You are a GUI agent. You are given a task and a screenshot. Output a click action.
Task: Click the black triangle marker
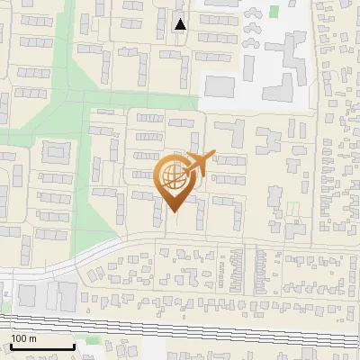pyautogui.click(x=181, y=24)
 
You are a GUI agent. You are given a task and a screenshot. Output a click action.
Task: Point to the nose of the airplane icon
pyautogui.click(x=214, y=155)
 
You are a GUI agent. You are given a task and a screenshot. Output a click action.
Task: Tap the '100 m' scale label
pyautogui.click(x=24, y=338)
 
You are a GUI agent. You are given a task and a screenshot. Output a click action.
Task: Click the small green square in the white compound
pyautogui.click(x=274, y=12)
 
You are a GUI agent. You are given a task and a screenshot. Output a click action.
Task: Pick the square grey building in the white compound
pyautogui.click(x=220, y=86)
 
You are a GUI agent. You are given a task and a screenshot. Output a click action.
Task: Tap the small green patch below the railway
pyautogui.click(x=85, y=340)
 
